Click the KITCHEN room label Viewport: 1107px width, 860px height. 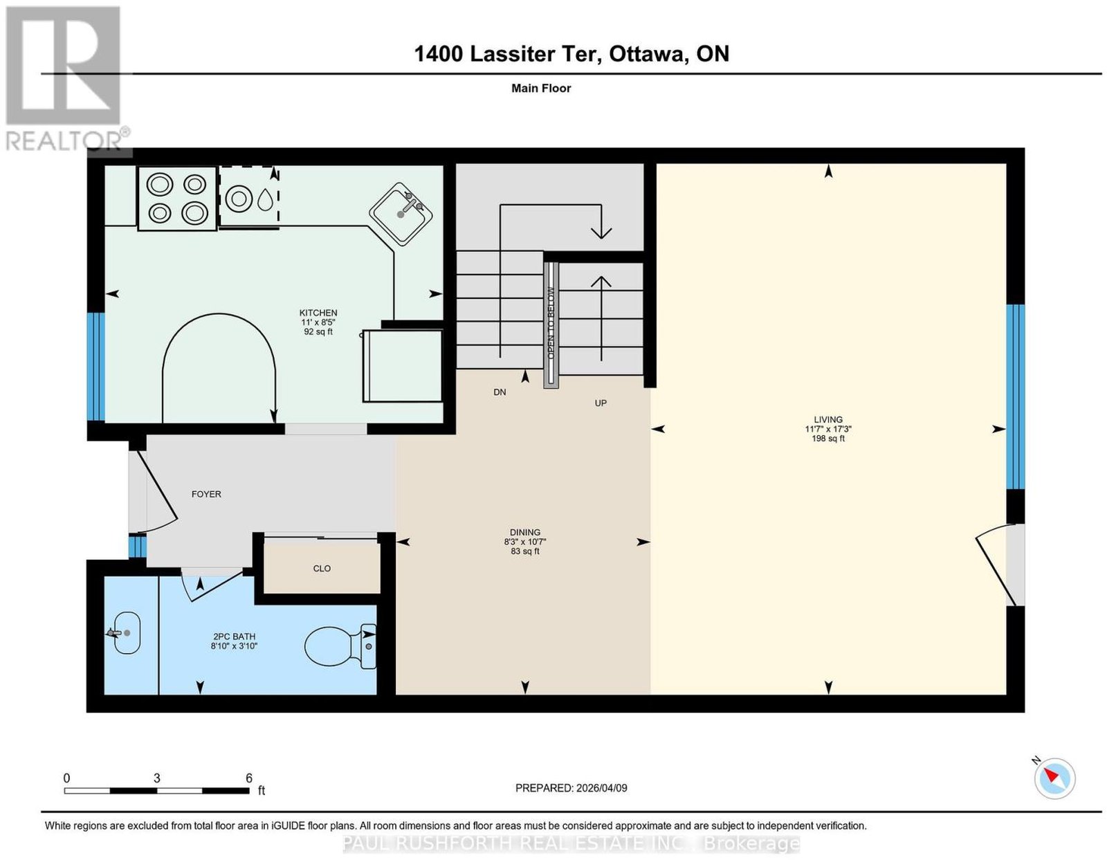click(318, 313)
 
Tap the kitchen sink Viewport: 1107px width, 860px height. click(401, 214)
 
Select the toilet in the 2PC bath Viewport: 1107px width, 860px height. click(340, 646)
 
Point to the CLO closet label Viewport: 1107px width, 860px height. click(322, 568)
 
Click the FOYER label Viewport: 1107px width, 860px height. click(206, 494)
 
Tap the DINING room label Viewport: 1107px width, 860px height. click(524, 533)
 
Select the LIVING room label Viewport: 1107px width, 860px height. click(828, 420)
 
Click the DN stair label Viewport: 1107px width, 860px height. click(500, 392)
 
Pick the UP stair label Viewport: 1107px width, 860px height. click(601, 403)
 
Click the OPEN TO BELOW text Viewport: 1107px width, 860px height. click(551, 322)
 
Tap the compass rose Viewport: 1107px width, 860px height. click(1054, 793)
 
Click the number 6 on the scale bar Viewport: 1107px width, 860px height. click(248, 778)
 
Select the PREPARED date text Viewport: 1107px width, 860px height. click(571, 788)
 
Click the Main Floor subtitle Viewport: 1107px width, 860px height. click(541, 88)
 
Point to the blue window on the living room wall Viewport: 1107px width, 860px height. click(1015, 396)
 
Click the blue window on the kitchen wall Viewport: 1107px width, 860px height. click(95, 367)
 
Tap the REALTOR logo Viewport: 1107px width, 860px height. click(66, 79)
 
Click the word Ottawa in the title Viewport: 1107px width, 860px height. click(646, 53)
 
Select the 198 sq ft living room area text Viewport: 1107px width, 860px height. click(828, 439)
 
